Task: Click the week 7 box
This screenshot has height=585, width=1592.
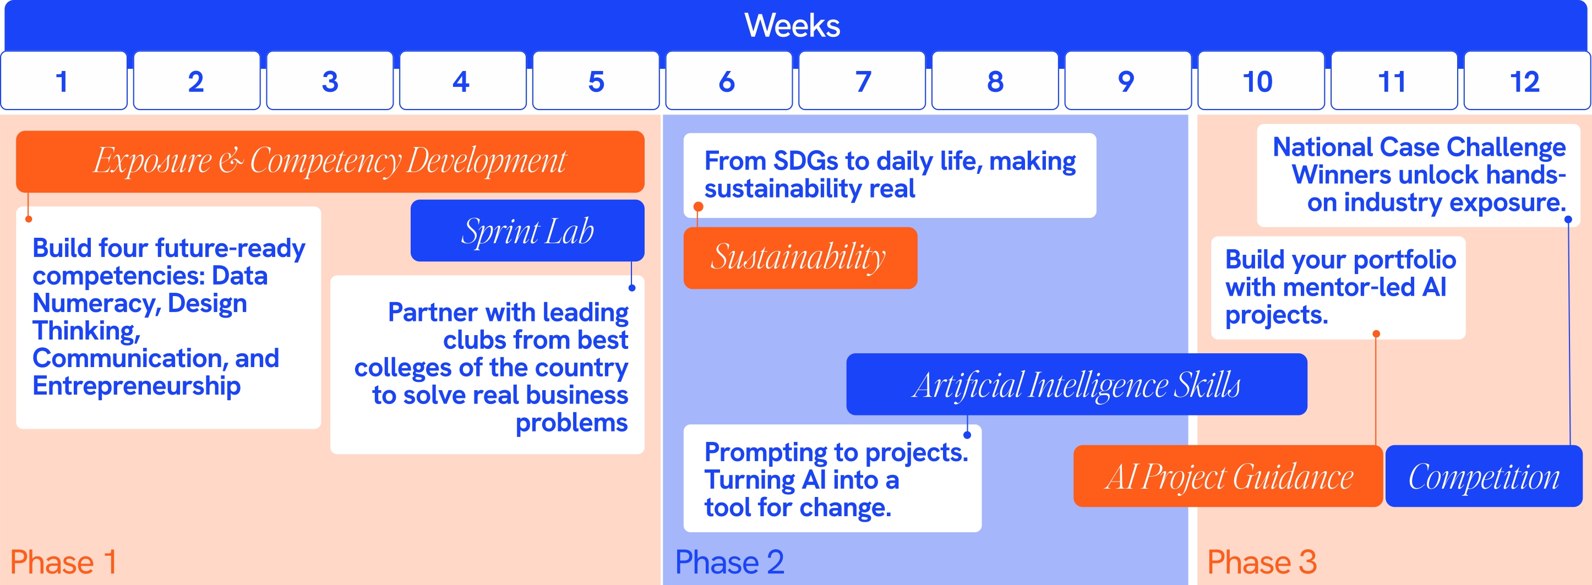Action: (862, 81)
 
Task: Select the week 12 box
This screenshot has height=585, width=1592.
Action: (1525, 81)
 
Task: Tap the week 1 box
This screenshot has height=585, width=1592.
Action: (63, 81)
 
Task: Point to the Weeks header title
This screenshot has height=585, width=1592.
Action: (792, 26)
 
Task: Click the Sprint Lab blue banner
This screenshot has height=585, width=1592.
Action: (527, 231)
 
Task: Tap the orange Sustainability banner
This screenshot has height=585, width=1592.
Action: (800, 258)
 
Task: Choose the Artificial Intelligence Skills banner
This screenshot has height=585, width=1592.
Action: (1076, 384)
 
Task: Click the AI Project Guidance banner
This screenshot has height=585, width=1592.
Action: (1228, 476)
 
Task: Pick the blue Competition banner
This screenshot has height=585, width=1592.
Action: (1483, 476)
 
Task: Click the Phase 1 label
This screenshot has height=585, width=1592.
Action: (63, 561)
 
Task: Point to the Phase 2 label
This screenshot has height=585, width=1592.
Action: (729, 561)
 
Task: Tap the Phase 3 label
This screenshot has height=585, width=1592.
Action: (1261, 561)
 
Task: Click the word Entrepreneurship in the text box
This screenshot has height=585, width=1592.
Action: (137, 386)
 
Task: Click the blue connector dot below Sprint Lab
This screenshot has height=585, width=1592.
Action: (631, 288)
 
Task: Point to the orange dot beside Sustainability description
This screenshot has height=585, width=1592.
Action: (699, 206)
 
